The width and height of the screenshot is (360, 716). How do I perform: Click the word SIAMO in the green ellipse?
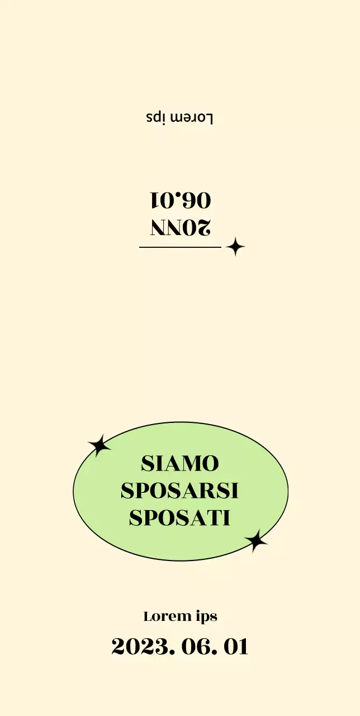pyautogui.click(x=180, y=464)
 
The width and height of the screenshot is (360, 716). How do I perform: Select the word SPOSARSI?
pyautogui.click(x=180, y=491)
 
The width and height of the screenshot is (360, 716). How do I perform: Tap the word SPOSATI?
pyautogui.click(x=180, y=518)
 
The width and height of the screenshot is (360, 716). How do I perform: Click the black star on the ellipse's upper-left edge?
pyautogui.click(x=99, y=446)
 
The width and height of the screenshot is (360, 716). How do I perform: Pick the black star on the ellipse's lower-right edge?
pyautogui.click(x=256, y=540)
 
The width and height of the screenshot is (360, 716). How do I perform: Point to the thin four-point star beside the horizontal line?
pyautogui.click(x=235, y=247)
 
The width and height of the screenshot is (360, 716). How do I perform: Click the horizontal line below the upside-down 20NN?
pyautogui.click(x=180, y=247)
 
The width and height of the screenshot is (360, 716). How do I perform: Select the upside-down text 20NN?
pyautogui.click(x=181, y=227)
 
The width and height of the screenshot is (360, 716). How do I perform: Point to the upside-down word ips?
pyautogui.click(x=157, y=117)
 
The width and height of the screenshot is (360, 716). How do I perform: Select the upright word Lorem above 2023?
pyautogui.click(x=168, y=616)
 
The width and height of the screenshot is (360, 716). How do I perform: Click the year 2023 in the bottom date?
pyautogui.click(x=140, y=647)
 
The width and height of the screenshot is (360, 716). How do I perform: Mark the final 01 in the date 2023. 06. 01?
pyautogui.click(x=235, y=647)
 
